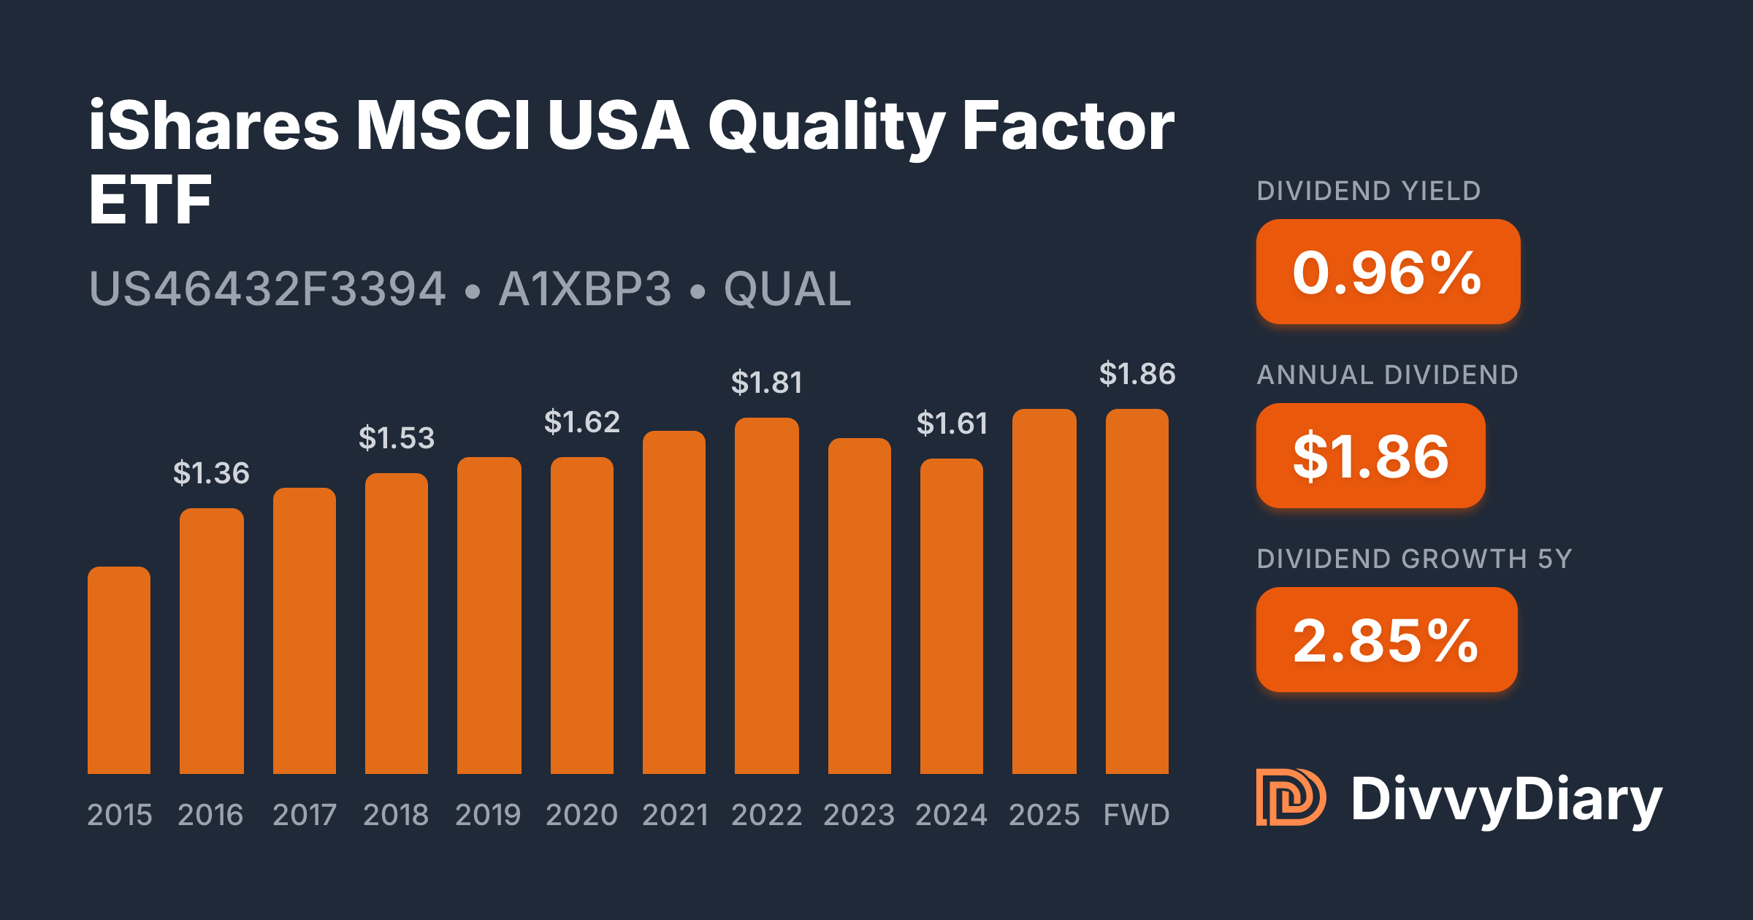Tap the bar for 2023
[x=859, y=606]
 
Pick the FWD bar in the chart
[x=1137, y=591]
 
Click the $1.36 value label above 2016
[x=211, y=473]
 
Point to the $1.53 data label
[x=397, y=438]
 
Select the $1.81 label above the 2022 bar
[x=766, y=383]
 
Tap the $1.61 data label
[x=952, y=423]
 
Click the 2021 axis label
[x=675, y=815]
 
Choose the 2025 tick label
[x=1044, y=815]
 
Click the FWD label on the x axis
[x=1137, y=815]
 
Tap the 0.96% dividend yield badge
[x=1388, y=272]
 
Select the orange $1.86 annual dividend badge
[x=1370, y=456]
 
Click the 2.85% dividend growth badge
[x=1386, y=640]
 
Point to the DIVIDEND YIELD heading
[x=1368, y=191]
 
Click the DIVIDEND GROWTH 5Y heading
[x=1414, y=559]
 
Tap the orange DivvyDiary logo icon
[x=1290, y=797]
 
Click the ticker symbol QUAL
[x=787, y=289]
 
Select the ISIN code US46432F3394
[x=267, y=289]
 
